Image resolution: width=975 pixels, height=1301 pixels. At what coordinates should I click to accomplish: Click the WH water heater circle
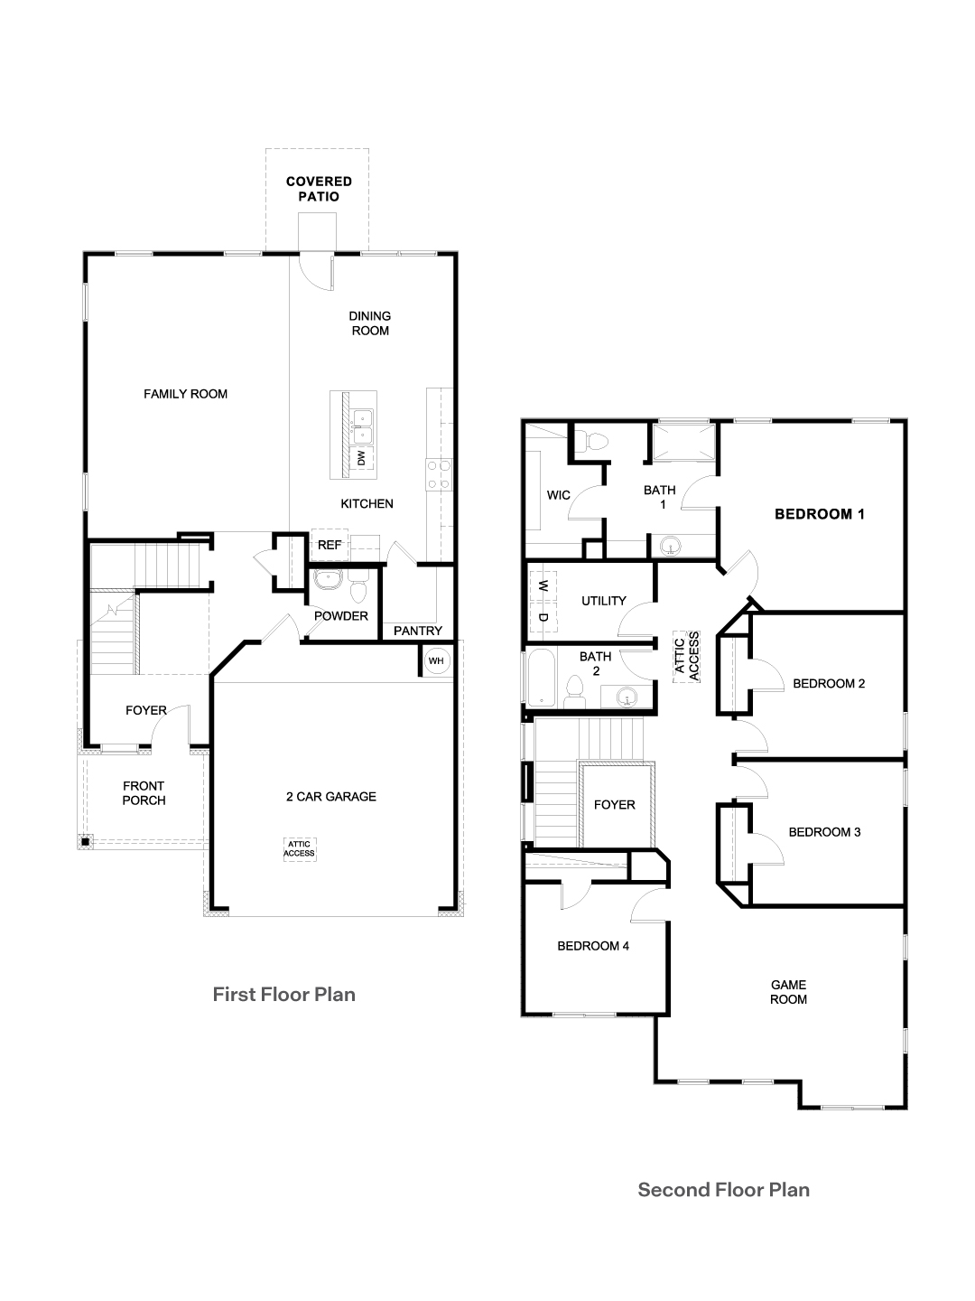tap(437, 660)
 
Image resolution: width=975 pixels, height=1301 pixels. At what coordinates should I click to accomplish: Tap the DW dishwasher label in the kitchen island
tap(361, 458)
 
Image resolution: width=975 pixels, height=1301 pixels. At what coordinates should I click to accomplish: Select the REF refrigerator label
tap(330, 545)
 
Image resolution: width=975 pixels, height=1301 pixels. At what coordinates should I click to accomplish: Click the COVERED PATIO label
tap(319, 189)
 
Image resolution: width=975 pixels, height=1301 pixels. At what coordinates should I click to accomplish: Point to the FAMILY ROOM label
tap(185, 394)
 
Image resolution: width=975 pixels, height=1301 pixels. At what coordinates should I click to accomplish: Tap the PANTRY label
tap(418, 631)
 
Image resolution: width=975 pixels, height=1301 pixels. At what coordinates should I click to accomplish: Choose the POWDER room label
tap(340, 616)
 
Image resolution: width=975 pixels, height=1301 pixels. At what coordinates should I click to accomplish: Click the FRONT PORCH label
tap(144, 793)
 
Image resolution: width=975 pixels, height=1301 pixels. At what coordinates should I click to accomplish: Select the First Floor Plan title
tap(283, 995)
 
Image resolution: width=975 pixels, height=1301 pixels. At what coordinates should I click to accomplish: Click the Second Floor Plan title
tap(723, 1190)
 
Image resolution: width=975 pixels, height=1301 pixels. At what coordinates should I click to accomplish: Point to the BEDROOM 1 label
tap(820, 514)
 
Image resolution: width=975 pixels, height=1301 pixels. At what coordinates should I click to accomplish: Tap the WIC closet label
tap(559, 495)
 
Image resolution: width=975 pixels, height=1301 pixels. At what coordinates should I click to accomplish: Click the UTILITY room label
tap(603, 601)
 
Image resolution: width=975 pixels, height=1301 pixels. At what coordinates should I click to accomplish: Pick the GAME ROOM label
tap(788, 992)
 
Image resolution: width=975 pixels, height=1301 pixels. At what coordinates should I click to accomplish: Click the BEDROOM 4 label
tap(592, 946)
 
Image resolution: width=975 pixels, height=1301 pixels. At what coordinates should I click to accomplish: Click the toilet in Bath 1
tap(595, 443)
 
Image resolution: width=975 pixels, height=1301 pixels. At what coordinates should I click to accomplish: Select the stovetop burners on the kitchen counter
tap(438, 474)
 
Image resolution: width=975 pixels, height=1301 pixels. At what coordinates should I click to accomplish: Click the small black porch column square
tap(85, 842)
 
